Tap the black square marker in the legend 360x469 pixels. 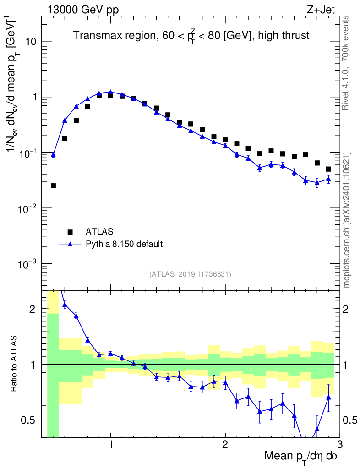point(71,231)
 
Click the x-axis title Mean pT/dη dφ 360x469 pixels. point(301,456)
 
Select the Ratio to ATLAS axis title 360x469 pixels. point(15,364)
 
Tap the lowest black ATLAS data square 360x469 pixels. point(53,185)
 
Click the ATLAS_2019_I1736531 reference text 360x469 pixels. point(190,274)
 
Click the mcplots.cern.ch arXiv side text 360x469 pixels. point(347,220)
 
